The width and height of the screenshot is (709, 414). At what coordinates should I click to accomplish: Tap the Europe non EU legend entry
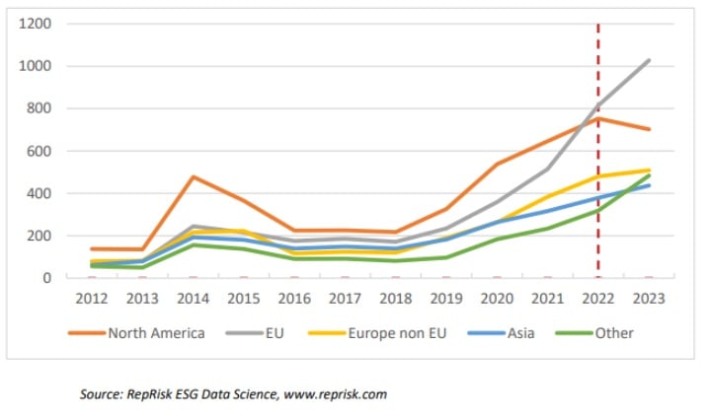[395, 332]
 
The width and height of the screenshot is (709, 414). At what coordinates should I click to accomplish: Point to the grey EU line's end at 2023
[649, 61]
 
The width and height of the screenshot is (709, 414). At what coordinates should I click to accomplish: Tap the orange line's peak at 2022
[597, 119]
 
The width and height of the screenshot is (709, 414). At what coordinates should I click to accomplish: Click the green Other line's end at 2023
[649, 175]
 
